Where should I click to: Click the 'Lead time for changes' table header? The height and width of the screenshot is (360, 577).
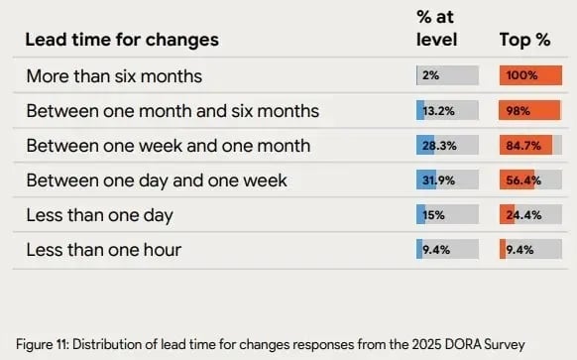coord(122,41)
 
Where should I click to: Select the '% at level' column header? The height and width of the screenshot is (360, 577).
coord(436,29)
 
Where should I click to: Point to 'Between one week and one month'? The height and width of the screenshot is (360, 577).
coord(168,146)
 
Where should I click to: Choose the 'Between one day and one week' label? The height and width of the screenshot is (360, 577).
coord(157,180)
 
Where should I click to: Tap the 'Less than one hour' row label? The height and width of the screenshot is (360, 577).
coord(103,250)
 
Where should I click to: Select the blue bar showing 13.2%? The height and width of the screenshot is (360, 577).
coord(421,110)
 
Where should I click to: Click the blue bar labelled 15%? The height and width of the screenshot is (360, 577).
coord(422,215)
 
